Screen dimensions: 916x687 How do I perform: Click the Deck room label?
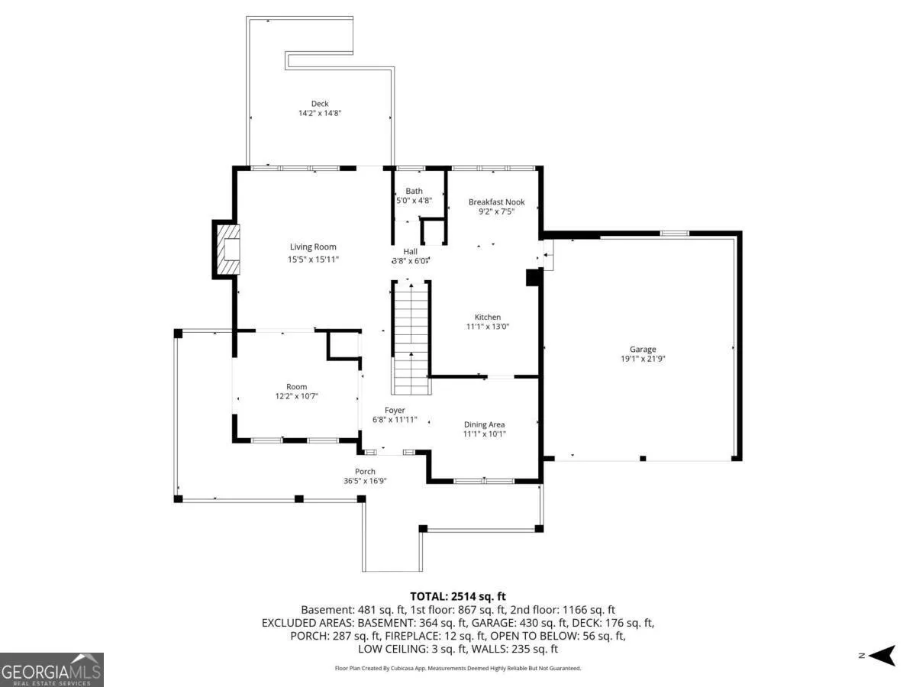320,104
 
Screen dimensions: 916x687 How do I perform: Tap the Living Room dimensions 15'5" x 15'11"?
313,260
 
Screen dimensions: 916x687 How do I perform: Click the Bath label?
414,191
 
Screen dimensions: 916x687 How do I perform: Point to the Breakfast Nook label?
497,202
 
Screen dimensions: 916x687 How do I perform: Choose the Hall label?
410,252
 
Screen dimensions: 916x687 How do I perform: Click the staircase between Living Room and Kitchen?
411,338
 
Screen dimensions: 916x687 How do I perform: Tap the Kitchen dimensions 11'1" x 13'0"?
488,326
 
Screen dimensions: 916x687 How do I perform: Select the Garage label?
643,349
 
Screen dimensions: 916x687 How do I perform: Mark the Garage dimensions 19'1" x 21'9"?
643,359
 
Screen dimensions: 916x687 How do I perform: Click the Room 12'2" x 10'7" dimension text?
296,396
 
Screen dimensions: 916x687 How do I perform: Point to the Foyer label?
395,411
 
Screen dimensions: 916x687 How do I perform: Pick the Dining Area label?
484,424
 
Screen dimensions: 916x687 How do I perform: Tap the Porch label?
365,471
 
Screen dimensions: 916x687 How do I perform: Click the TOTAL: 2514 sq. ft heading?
458,596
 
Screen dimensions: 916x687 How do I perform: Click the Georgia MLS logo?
52,669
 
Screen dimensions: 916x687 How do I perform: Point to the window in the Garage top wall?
674,233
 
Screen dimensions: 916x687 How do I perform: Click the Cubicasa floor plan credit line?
458,668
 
